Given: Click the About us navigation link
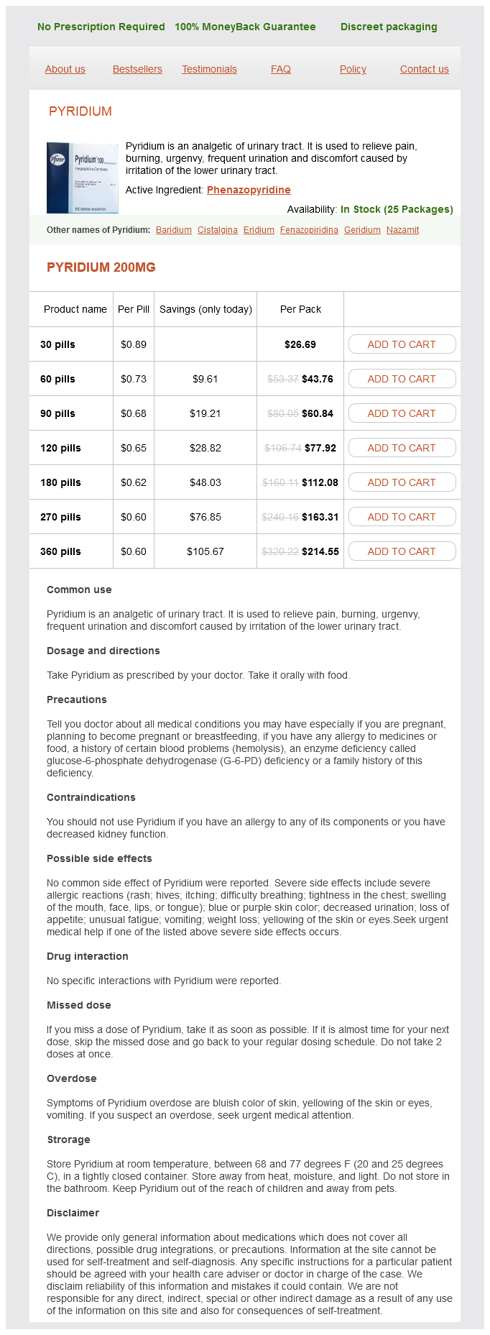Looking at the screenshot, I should pos(65,69).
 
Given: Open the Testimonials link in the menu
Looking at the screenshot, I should pos(209,69).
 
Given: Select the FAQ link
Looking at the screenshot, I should pos(281,69).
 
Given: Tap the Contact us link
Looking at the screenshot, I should pos(424,69).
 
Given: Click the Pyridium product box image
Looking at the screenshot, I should pos(83,178).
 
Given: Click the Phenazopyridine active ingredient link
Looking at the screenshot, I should pos(249,190).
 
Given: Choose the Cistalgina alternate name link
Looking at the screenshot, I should pos(218,230).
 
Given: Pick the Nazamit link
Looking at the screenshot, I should pos(402,230).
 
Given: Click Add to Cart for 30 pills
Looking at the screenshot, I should pos(402,344).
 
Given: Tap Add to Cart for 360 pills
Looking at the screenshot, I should pos(402,551).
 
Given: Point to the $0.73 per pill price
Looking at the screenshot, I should pos(134,379).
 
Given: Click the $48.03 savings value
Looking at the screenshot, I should pos(205,482).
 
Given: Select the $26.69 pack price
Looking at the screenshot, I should pos(300,344).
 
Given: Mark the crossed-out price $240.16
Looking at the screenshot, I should pos(280,517).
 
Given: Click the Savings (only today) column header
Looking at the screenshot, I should pos(205,309).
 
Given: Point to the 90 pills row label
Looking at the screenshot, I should pos(57,413).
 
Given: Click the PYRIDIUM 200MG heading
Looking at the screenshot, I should pos(101,267).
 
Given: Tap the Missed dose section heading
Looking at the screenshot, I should pos(79,1005).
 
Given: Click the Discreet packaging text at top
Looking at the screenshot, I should pos(389,27).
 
